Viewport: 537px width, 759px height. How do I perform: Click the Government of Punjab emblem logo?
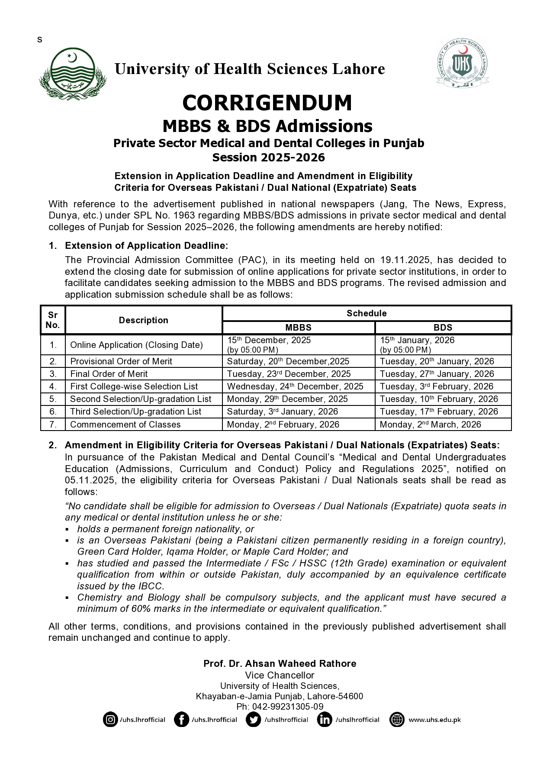tap(73, 74)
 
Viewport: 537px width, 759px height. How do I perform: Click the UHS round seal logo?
tap(462, 64)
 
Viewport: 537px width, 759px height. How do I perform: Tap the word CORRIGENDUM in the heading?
tap(267, 103)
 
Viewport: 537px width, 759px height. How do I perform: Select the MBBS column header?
tap(298, 328)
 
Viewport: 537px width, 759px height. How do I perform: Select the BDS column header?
tap(443, 328)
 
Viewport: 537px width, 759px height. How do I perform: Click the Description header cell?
tap(143, 320)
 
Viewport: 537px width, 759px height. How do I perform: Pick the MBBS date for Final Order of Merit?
tap(289, 374)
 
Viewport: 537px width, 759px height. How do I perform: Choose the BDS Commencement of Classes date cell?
tap(430, 425)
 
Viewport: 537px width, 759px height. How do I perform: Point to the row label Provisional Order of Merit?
tap(121, 361)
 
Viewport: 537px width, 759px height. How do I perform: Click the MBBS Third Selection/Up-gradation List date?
tap(282, 412)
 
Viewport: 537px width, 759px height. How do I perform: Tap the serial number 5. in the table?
tap(53, 399)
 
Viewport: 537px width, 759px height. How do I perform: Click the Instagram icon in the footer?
tap(110, 720)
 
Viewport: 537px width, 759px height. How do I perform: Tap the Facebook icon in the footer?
tap(181, 720)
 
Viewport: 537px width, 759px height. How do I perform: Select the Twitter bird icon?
tap(253, 720)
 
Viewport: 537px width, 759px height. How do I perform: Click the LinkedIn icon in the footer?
tap(325, 720)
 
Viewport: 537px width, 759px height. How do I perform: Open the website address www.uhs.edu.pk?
tap(434, 720)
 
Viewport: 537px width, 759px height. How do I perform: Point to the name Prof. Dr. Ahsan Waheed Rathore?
tap(280, 663)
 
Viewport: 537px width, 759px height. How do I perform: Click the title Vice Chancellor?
tap(280, 675)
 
